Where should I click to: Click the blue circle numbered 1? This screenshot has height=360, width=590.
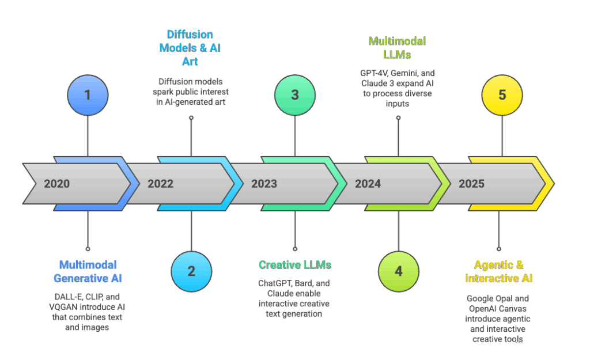[x=88, y=94]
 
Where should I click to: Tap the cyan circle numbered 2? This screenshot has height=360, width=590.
[x=191, y=271]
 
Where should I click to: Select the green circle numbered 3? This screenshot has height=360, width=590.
[x=295, y=94]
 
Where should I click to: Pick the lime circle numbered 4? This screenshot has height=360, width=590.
[x=399, y=271]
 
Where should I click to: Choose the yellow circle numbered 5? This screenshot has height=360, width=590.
[x=502, y=94]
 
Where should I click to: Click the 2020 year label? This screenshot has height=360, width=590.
[x=56, y=184]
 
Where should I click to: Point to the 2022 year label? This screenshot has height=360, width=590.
[x=160, y=184]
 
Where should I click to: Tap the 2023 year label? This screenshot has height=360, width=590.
[x=264, y=184]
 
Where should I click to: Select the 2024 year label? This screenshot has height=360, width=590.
[x=368, y=184]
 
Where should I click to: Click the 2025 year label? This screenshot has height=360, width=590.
[x=471, y=184]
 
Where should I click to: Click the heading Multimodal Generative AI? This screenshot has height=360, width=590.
[x=88, y=271]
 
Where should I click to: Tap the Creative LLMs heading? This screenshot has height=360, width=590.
[x=295, y=265]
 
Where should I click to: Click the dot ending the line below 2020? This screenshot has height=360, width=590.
[x=88, y=249]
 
